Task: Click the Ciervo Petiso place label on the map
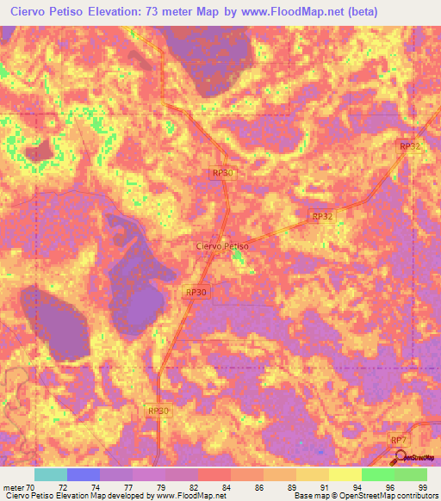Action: click(x=223, y=246)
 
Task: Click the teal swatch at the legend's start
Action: click(x=51, y=474)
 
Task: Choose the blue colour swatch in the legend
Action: click(x=84, y=474)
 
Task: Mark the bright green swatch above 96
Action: click(x=378, y=474)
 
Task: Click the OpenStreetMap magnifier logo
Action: click(x=399, y=456)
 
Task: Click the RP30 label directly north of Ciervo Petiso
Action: click(x=223, y=173)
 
